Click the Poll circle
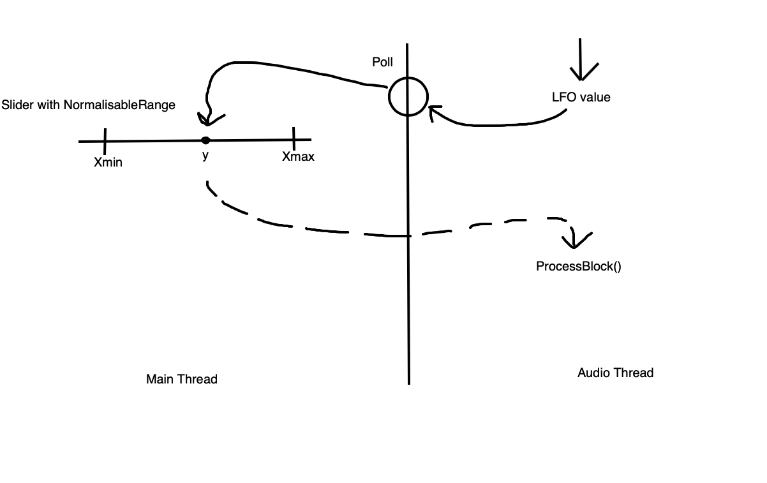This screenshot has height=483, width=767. pyautogui.click(x=408, y=96)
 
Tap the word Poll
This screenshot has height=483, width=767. pyautogui.click(x=383, y=62)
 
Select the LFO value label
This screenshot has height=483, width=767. pyautogui.click(x=581, y=98)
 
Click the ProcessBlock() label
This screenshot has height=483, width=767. pyautogui.click(x=578, y=266)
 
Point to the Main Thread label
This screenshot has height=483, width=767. pyautogui.click(x=182, y=379)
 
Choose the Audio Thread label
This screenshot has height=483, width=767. pyautogui.click(x=615, y=373)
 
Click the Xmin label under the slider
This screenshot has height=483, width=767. pyautogui.click(x=108, y=162)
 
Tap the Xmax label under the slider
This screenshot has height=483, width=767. pyautogui.click(x=298, y=156)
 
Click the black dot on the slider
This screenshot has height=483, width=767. pyautogui.click(x=205, y=140)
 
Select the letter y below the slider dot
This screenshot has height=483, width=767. pyautogui.click(x=205, y=155)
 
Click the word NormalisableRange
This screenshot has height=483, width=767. pyautogui.click(x=119, y=105)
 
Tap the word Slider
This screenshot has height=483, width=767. pyautogui.click(x=17, y=105)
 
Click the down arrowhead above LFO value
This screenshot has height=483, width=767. pyautogui.click(x=581, y=71)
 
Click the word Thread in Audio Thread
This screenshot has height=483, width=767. pyautogui.click(x=634, y=373)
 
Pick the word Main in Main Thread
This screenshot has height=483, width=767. pyautogui.click(x=160, y=379)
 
